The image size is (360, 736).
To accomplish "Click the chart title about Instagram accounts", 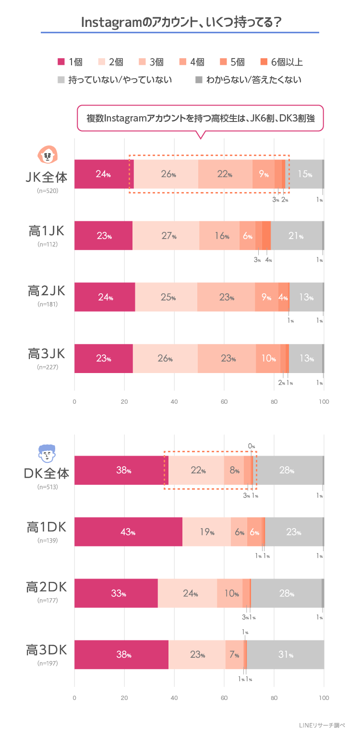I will (180, 22).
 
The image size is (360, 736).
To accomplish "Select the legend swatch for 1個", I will (61, 62).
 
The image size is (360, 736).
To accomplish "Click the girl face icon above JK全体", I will (47, 155).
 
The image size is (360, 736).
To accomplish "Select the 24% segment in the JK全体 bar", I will (103, 174).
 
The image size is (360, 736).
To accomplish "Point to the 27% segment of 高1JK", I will (166, 236).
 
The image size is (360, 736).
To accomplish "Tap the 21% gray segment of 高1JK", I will (296, 236).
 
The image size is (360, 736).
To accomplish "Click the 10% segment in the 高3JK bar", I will (268, 359).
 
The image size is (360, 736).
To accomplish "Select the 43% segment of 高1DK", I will (128, 532).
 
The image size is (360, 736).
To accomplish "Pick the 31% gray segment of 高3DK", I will (285, 655).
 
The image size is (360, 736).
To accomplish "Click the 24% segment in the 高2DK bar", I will (187, 593).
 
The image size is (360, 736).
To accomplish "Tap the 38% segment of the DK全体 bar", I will (121, 471).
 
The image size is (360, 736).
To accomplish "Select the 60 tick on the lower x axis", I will (224, 697).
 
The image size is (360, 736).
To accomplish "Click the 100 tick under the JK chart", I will (324, 401).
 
